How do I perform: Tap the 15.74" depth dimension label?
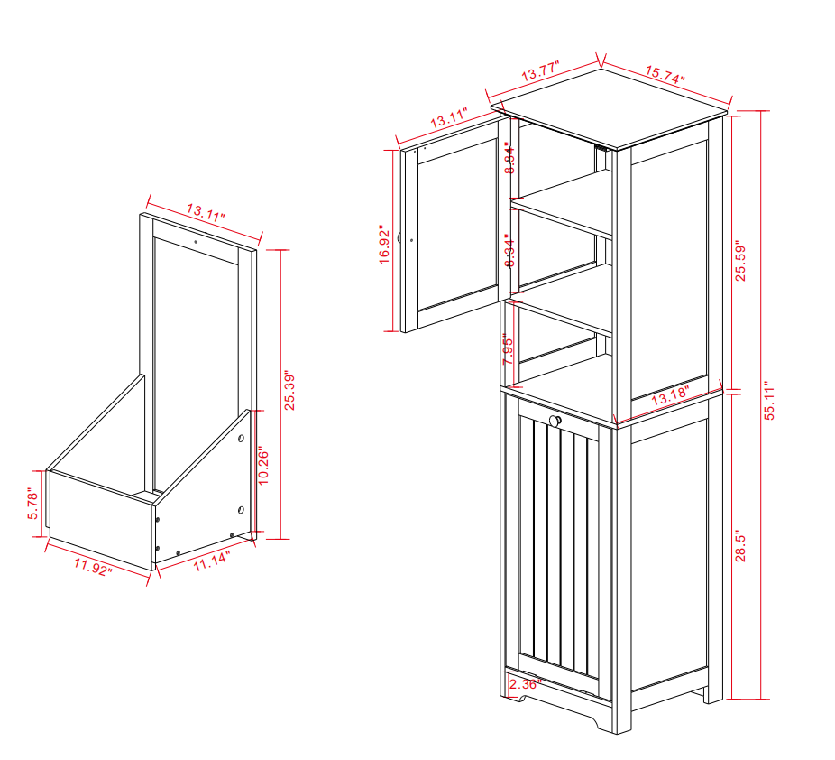coord(665,77)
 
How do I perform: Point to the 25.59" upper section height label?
coord(740,261)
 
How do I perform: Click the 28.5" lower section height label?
coord(740,546)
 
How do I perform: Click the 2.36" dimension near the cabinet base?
coord(525,684)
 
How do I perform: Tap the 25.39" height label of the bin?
coord(289,390)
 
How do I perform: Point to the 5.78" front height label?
coord(33,504)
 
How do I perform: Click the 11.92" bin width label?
coord(93,569)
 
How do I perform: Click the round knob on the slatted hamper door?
coord(555,421)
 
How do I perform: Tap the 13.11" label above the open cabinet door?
coord(447,118)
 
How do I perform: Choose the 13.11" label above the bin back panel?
coord(206,214)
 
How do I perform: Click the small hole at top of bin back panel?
coord(197,243)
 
